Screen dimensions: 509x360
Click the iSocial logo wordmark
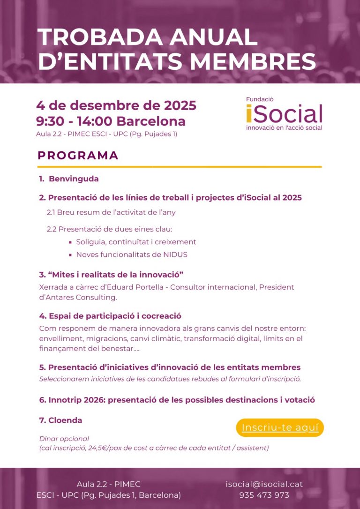(x=284, y=114)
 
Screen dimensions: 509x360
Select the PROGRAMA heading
(x=78, y=156)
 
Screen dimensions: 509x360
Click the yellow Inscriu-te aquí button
(x=280, y=427)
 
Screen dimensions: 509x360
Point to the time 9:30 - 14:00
(x=74, y=121)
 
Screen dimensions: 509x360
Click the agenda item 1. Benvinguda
(x=69, y=179)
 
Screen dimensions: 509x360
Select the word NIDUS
(x=176, y=254)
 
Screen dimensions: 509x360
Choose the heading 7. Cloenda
(x=60, y=420)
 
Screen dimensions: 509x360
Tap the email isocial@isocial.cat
(x=264, y=484)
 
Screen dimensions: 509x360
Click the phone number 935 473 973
(x=264, y=495)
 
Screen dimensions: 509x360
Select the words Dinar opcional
(x=64, y=439)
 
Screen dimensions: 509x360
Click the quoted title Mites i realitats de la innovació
(x=115, y=274)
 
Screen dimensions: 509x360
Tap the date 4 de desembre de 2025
(x=116, y=105)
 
